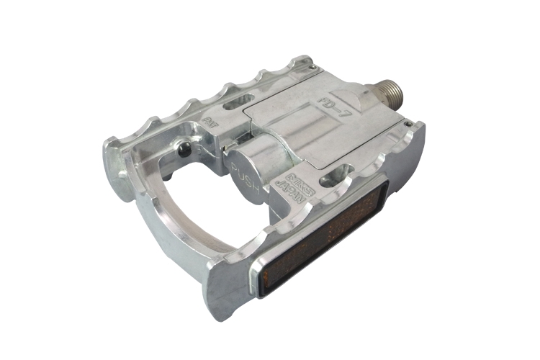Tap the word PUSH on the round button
click(x=243, y=172)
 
